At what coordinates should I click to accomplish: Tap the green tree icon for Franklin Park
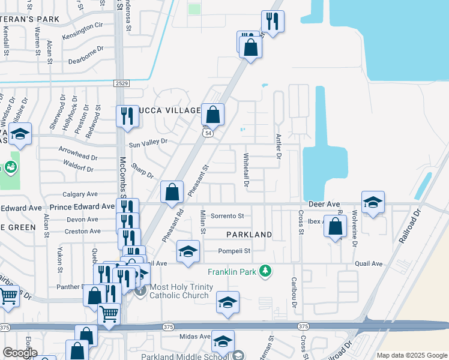(264, 272)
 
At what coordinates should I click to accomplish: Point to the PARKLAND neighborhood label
(249, 234)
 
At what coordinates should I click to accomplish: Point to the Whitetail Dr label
(246, 170)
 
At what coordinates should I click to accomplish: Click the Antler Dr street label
(279, 146)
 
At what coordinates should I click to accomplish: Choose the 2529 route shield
(121, 83)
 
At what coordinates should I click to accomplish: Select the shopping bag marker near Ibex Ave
(336, 227)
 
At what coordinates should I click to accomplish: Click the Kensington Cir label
(83, 28)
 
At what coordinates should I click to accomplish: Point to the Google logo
(19, 353)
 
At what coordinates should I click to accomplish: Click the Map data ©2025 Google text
(411, 355)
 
